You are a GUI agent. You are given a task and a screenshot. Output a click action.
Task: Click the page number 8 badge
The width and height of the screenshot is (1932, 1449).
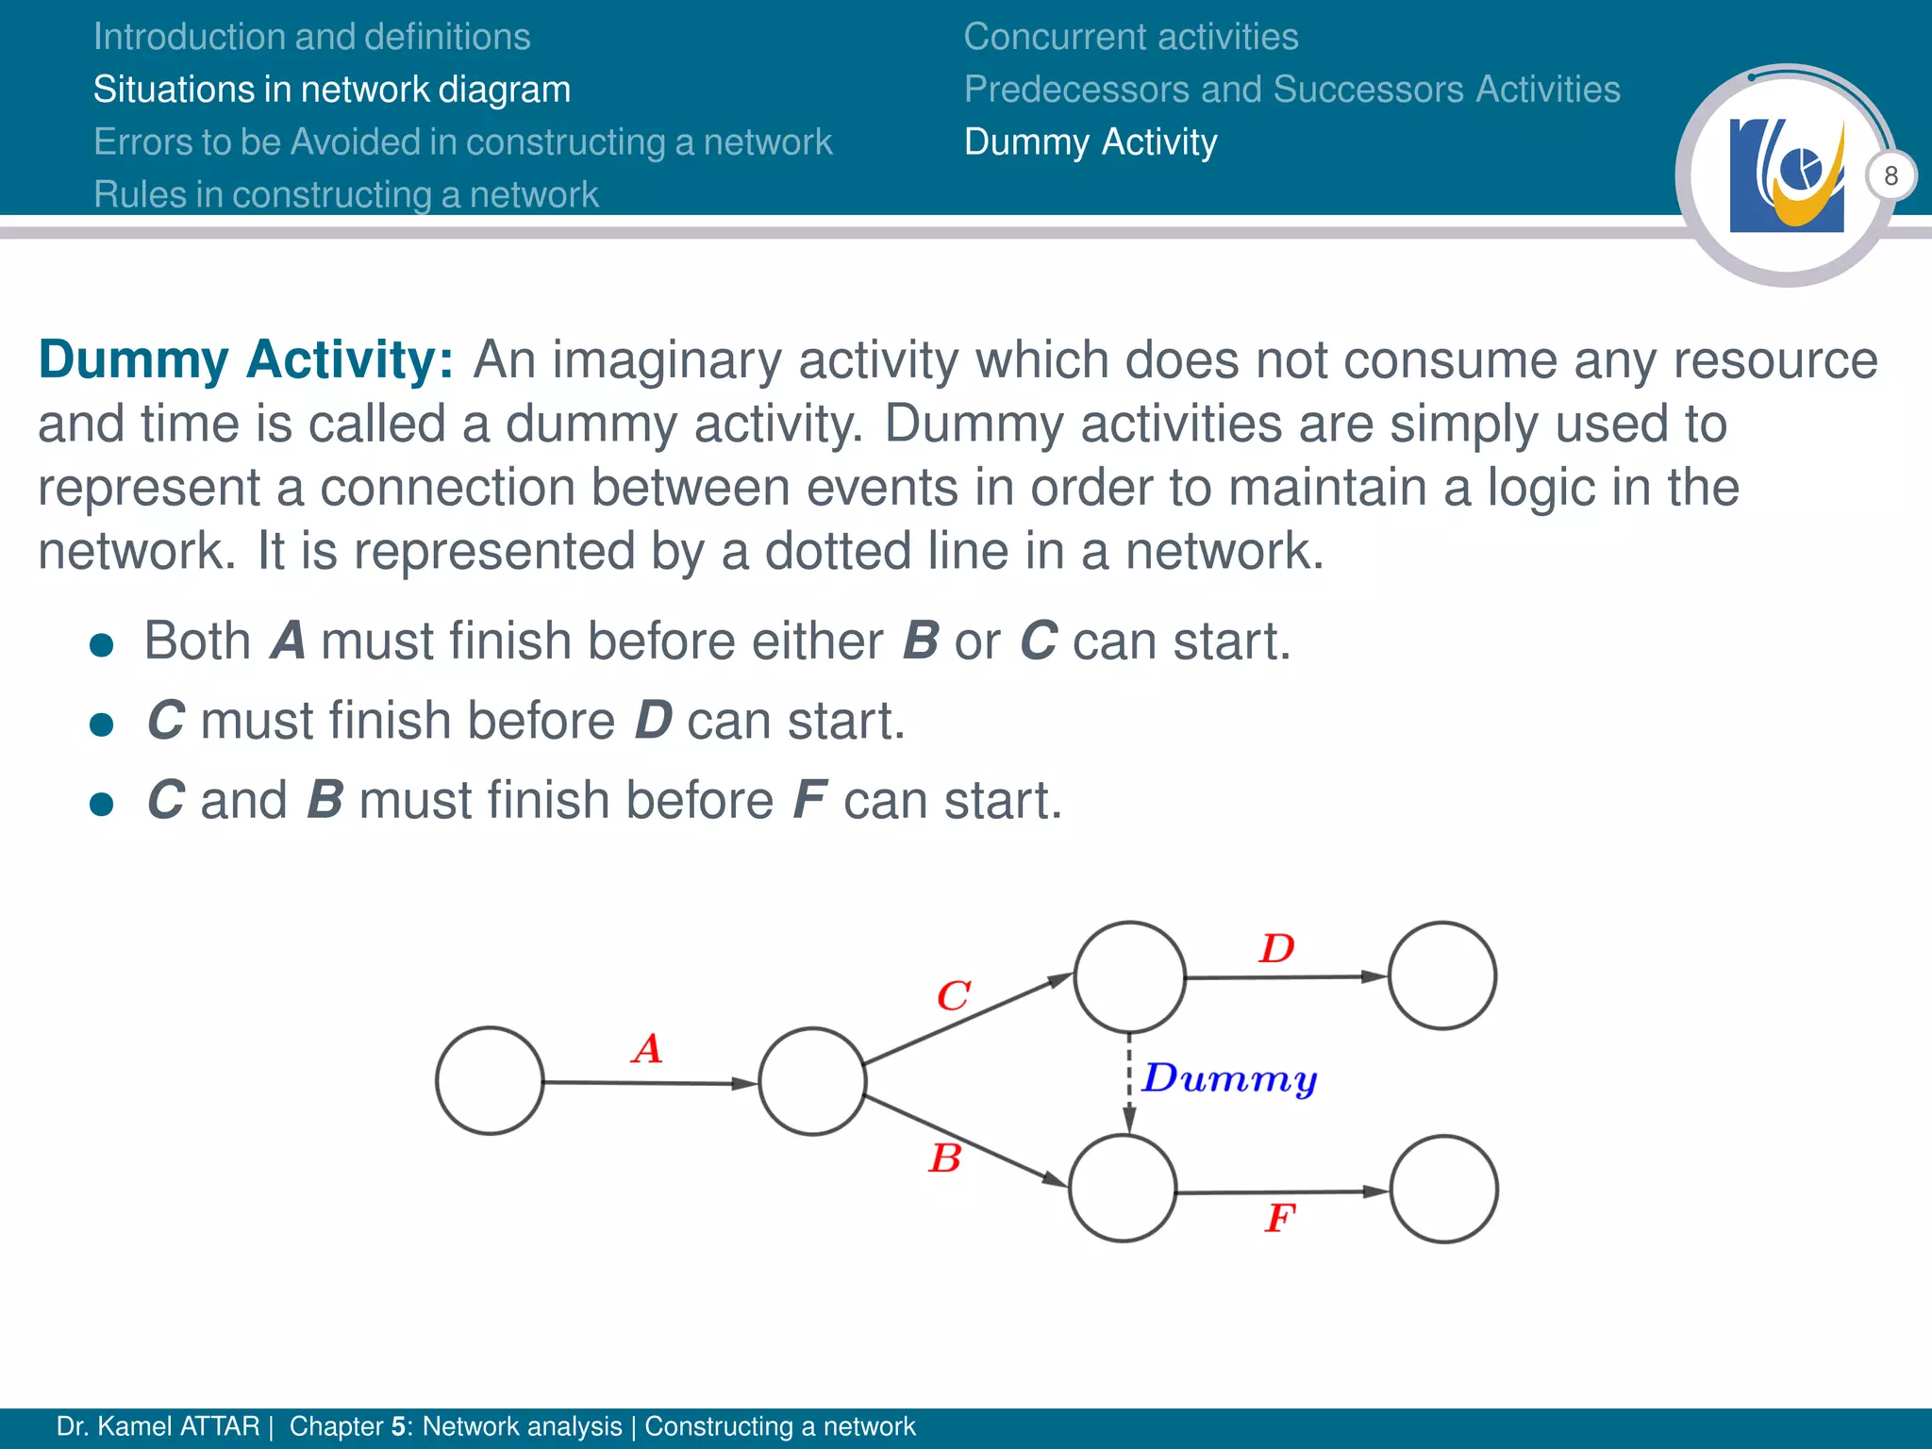click(x=1890, y=176)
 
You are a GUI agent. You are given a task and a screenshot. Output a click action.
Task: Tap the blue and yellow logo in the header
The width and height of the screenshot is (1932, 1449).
click(x=1787, y=175)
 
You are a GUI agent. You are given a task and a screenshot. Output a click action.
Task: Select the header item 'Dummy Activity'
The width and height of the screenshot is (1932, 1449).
click(x=1091, y=142)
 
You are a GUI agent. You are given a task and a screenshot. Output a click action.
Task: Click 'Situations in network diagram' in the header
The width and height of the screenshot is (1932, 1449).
click(x=332, y=90)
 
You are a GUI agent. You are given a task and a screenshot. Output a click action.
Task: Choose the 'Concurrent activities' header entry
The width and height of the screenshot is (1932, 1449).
click(x=1131, y=37)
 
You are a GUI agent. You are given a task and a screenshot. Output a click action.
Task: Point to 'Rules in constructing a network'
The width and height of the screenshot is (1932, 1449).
click(x=346, y=194)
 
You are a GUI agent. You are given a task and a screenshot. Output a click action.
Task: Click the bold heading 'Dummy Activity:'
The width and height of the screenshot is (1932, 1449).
click(x=246, y=360)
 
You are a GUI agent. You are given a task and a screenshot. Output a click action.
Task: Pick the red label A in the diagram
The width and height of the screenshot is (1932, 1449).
click(x=647, y=1049)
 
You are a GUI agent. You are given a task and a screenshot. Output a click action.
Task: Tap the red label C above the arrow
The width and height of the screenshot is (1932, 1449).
click(x=953, y=995)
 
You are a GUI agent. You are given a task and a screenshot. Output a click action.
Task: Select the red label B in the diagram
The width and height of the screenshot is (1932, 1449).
click(x=945, y=1158)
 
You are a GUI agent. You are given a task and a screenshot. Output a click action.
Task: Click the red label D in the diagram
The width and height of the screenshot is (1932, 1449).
click(x=1277, y=948)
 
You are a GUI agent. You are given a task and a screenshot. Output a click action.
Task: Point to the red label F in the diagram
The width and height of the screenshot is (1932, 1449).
click(x=1280, y=1218)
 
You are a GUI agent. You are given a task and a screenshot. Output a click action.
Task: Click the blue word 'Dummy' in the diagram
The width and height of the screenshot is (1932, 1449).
click(x=1229, y=1078)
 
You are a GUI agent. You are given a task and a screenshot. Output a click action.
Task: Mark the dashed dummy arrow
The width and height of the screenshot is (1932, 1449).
click(x=1129, y=1082)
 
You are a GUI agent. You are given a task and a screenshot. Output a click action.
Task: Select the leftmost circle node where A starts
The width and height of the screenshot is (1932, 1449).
click(x=490, y=1081)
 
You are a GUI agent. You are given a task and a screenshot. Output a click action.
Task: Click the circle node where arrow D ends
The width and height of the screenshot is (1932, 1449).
click(x=1441, y=975)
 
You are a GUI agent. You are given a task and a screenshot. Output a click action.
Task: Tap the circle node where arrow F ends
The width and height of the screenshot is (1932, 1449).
click(x=1443, y=1190)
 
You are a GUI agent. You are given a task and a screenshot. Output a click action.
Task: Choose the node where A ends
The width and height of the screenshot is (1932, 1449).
click(x=812, y=1081)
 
